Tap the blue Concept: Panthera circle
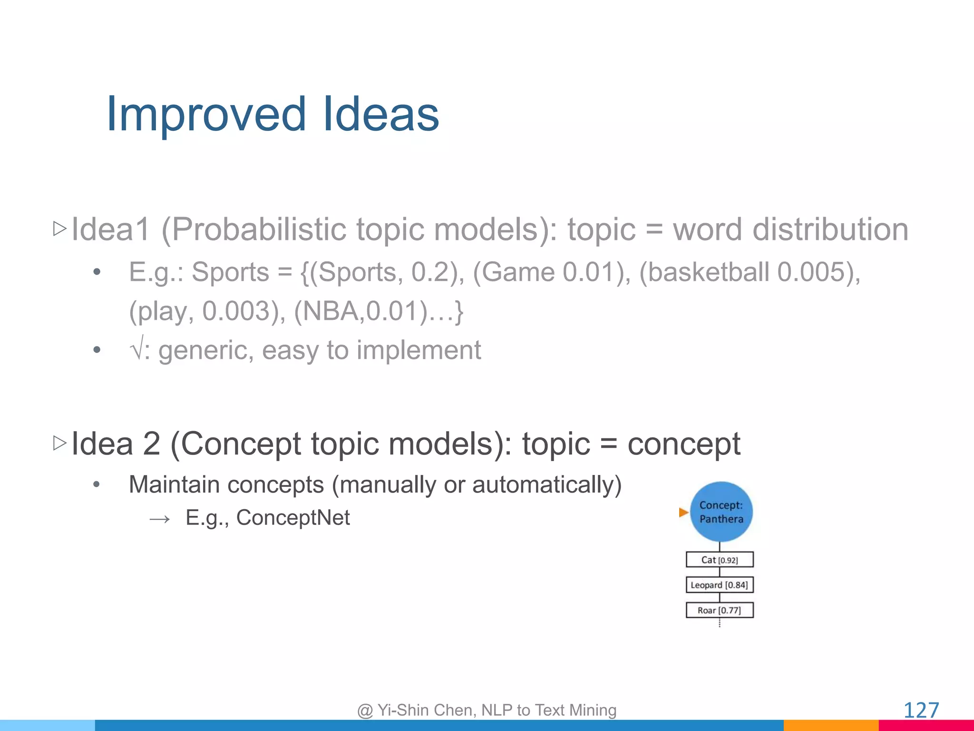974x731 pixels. (721, 512)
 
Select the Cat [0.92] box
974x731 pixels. (720, 560)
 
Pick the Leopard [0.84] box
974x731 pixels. (720, 585)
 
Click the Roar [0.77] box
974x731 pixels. (720, 610)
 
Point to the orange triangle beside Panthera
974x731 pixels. (683, 513)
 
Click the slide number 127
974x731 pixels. (921, 711)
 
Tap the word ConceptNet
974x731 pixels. (293, 518)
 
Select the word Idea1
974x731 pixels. (110, 229)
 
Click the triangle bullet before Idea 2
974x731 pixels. (60, 443)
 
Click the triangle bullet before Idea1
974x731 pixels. (60, 229)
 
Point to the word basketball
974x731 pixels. (708, 272)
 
